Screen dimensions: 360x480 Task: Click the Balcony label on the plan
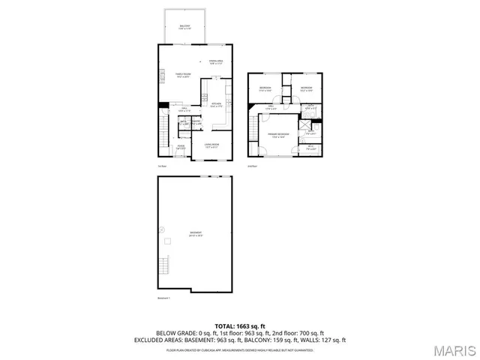(x=184, y=27)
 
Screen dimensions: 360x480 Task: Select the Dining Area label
(x=217, y=61)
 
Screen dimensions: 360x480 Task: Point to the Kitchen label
(x=215, y=104)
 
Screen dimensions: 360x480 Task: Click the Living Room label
(x=211, y=145)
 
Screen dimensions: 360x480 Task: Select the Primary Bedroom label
(x=279, y=136)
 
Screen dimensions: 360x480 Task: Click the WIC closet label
(x=310, y=147)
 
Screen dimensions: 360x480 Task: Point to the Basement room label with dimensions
(x=196, y=234)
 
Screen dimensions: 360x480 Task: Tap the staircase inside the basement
(x=163, y=264)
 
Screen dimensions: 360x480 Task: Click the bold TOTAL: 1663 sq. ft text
(x=240, y=326)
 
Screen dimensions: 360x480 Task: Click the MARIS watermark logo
(x=452, y=349)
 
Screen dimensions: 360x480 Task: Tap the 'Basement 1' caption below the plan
(x=164, y=298)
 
